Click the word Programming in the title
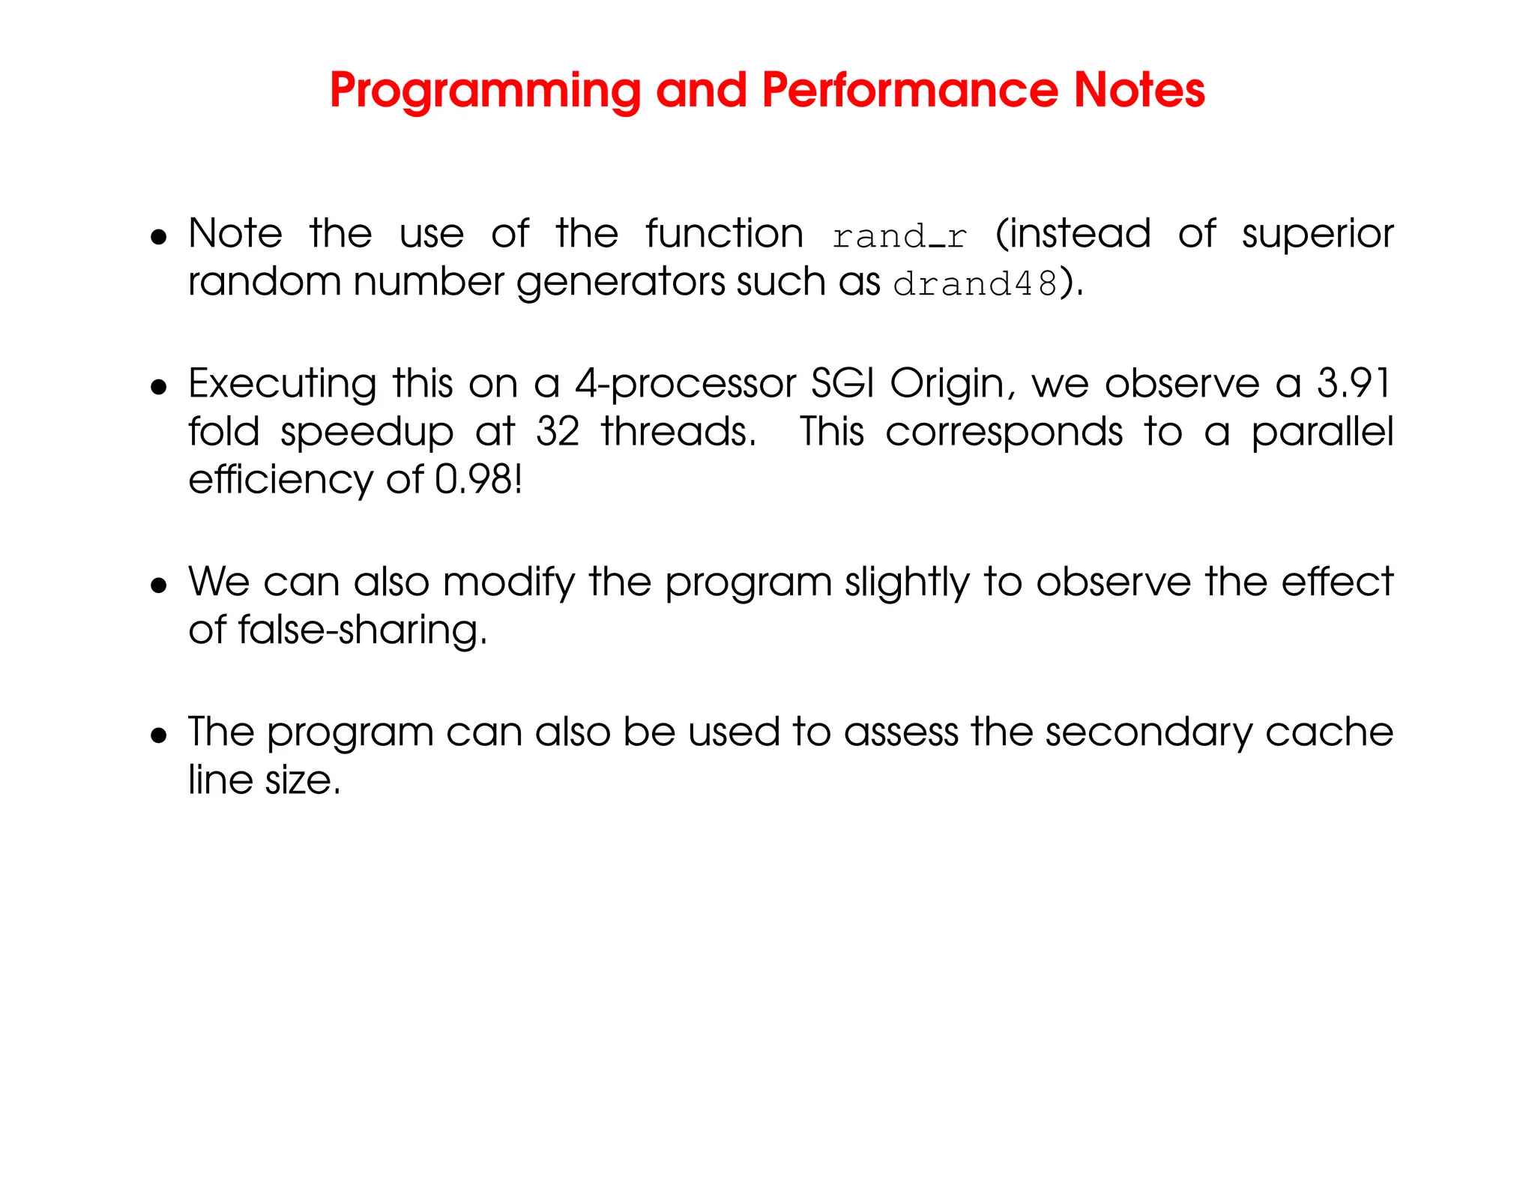point(485,91)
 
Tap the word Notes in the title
point(1139,90)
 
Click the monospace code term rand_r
point(899,237)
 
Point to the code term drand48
point(975,284)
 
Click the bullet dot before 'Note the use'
point(158,238)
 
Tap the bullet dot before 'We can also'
point(158,586)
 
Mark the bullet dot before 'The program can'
point(158,735)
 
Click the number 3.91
point(1354,384)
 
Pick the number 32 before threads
point(558,432)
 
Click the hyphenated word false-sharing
point(362,630)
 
